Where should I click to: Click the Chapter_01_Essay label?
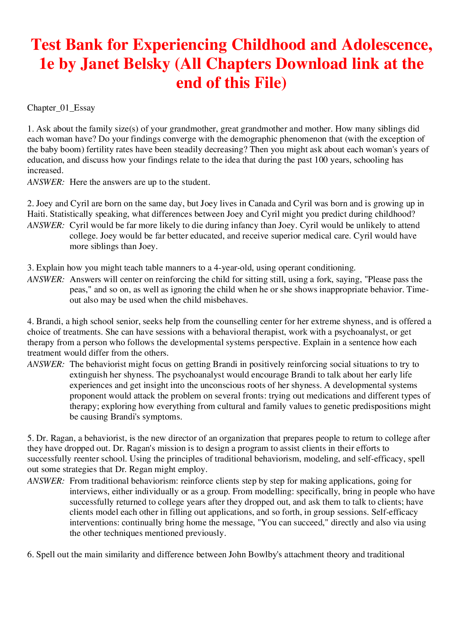click(61, 108)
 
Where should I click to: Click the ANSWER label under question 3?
click(46, 279)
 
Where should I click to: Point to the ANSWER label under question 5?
click(46, 481)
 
